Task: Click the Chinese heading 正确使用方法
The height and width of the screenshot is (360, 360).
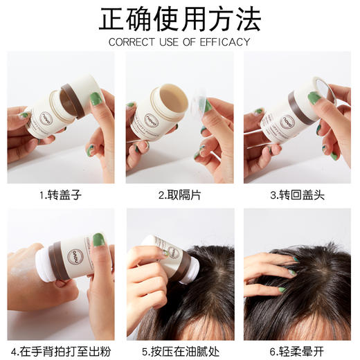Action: click(180, 20)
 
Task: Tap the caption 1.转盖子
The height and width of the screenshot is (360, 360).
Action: click(61, 195)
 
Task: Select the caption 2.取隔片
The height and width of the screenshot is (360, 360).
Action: click(179, 195)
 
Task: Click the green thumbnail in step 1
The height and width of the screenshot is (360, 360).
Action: click(96, 99)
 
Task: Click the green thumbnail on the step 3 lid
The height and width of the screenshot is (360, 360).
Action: click(314, 97)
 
